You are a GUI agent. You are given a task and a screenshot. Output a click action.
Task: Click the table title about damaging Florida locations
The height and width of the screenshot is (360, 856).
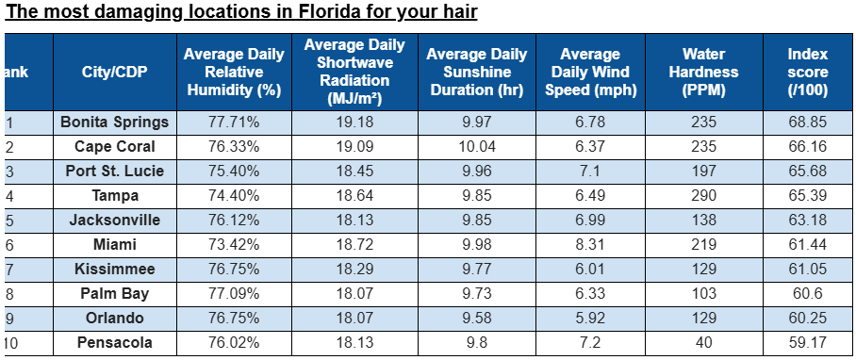(241, 13)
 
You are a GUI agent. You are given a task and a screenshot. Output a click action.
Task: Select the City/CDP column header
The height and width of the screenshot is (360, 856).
(114, 73)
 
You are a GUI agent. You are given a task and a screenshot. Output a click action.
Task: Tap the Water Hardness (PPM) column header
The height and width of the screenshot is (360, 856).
(703, 73)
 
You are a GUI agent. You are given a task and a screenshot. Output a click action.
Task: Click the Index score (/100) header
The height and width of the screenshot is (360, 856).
(807, 73)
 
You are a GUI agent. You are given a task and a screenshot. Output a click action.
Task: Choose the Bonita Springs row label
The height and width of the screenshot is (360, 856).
(114, 123)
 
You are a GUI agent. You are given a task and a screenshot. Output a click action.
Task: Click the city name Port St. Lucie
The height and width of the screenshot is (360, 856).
(114, 172)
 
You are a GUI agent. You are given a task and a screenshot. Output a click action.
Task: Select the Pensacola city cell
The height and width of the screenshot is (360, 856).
(114, 343)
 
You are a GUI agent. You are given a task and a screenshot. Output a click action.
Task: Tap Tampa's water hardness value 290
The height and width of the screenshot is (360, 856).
(703, 196)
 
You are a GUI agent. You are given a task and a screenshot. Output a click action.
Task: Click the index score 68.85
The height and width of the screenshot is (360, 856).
(807, 123)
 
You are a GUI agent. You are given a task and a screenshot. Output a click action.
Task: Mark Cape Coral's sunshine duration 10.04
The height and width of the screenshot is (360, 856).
(478, 147)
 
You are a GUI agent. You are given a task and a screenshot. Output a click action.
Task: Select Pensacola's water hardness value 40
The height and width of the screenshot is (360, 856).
(703, 343)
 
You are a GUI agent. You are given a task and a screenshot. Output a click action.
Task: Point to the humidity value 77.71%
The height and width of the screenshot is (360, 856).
(233, 123)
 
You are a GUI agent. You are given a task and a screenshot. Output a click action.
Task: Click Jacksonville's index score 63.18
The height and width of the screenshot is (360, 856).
(807, 221)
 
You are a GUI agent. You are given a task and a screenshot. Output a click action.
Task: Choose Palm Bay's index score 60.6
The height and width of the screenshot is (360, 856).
(807, 294)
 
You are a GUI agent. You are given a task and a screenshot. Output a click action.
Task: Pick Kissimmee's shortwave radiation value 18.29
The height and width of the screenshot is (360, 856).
(354, 270)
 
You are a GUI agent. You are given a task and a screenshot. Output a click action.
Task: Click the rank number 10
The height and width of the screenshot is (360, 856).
(12, 343)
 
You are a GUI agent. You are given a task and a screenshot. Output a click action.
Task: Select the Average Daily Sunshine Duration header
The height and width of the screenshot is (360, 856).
(478, 73)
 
